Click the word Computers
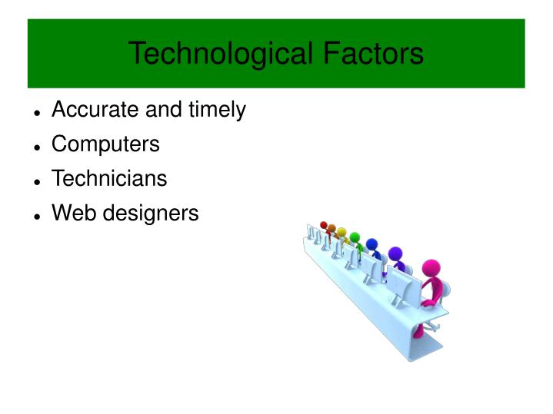tap(105, 144)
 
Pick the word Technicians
tap(108, 179)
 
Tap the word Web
tap(69, 213)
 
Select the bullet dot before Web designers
tap(37, 216)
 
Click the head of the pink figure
tap(431, 270)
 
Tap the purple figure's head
tap(395, 253)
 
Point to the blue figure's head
tap(372, 244)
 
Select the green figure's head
tap(355, 237)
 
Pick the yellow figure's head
tap(341, 231)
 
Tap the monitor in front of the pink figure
tap(401, 286)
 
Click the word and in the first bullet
tap(162, 110)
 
